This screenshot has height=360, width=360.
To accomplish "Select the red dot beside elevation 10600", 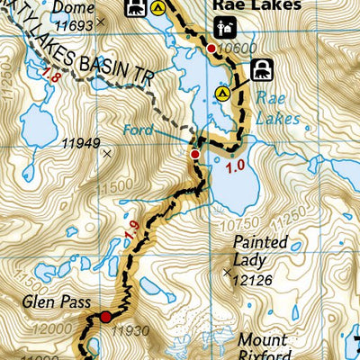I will click(x=211, y=49).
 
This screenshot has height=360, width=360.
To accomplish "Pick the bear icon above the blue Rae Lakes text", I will click(x=262, y=68).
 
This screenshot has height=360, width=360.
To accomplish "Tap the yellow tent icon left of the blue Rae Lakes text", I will click(x=225, y=92).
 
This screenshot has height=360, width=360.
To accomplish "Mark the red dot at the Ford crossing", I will click(x=194, y=155).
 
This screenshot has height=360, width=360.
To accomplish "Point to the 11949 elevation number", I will click(x=79, y=141).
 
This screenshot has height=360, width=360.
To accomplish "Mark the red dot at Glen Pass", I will click(x=105, y=317).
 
